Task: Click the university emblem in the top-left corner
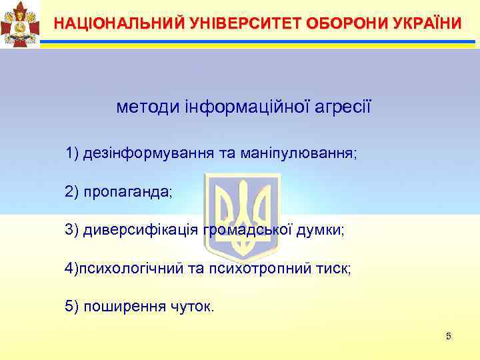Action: (20, 24)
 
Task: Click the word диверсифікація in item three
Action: (141, 231)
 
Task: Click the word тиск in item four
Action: (336, 269)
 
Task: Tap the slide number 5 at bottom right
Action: (449, 336)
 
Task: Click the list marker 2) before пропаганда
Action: (72, 193)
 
